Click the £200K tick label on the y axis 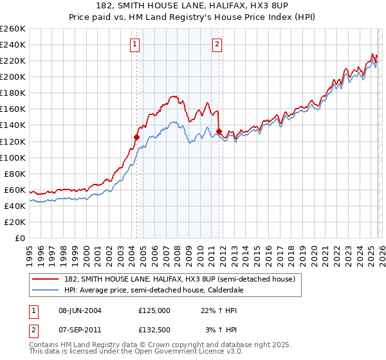(13, 76)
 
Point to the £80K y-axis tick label (15, 174)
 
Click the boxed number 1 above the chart (135, 44)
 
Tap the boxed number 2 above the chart (217, 44)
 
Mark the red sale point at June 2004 (136, 137)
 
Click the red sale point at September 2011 (219, 131)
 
